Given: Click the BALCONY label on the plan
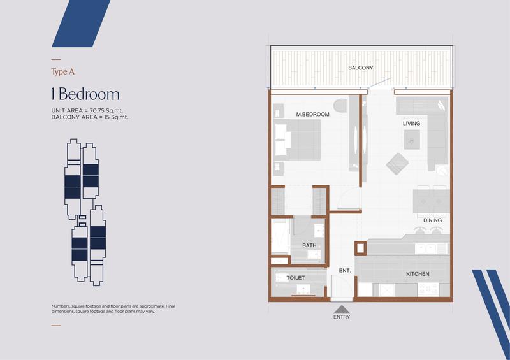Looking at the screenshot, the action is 360,68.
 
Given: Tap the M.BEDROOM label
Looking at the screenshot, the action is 312,115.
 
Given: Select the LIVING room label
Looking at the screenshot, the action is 411,123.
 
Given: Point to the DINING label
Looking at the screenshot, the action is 432,220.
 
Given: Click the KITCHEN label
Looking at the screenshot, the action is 418,274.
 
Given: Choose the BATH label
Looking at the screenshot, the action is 309,245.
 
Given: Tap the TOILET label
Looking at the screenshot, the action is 295,278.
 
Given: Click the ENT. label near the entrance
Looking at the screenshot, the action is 345,270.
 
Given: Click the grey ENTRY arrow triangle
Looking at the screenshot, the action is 342,309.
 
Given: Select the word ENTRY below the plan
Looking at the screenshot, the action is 342,317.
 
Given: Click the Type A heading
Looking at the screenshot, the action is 62,71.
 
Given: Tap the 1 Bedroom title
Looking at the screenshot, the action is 85,94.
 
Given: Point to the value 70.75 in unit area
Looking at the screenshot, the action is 97,110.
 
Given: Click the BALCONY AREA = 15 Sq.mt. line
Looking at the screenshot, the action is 90,117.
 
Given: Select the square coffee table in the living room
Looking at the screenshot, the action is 412,140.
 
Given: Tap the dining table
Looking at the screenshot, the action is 432,201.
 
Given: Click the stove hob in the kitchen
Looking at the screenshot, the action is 428,289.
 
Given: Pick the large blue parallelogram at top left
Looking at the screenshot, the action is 81,24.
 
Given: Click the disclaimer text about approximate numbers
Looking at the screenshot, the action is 113,308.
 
